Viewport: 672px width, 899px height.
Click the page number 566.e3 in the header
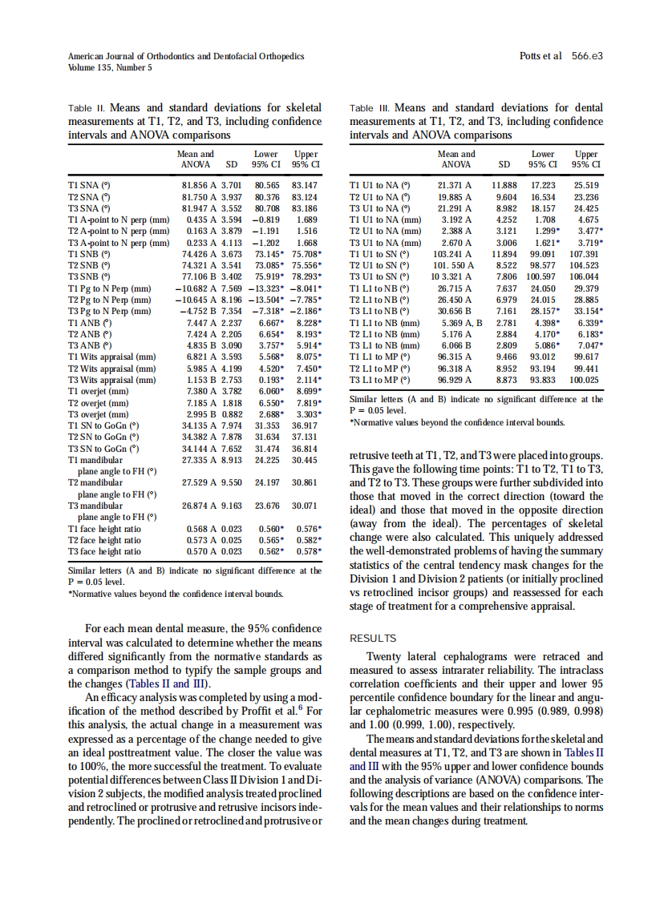587,57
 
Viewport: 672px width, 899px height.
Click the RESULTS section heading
373,639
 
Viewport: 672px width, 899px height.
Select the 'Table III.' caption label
370,107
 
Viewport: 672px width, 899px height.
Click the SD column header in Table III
504,165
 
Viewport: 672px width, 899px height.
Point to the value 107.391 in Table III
585,253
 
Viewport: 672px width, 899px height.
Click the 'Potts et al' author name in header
541,57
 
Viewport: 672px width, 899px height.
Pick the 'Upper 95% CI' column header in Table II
305,159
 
